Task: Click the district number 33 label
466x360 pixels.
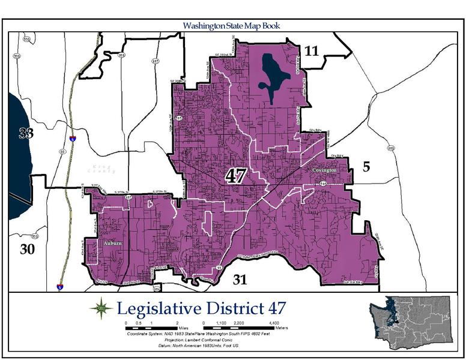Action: click(25, 134)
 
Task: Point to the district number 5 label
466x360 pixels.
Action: click(366, 167)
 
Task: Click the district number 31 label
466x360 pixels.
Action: click(240, 279)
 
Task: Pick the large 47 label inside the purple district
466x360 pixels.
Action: click(236, 176)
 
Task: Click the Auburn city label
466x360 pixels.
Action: click(112, 243)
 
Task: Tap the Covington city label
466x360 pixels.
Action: click(324, 170)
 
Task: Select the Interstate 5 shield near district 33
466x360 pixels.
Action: click(72, 139)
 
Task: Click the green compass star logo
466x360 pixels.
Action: click(100, 308)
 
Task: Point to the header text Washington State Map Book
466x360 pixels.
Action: click(232, 26)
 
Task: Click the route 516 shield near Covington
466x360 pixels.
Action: click(323, 184)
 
